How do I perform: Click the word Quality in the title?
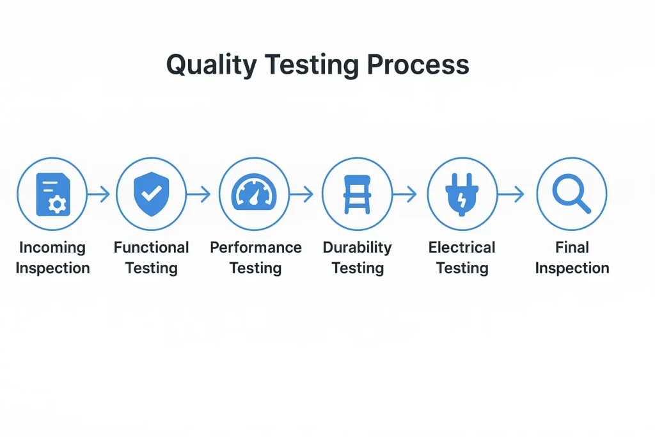pos(211,65)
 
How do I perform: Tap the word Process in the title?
pos(418,65)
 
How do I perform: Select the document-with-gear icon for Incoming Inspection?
pos(53,195)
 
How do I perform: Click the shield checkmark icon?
pos(152,194)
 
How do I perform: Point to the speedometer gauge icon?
pos(254,192)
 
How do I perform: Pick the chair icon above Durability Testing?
pos(357,195)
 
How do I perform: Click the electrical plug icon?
pos(462,195)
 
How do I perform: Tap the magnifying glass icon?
pos(571,194)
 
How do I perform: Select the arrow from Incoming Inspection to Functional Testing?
pos(99,194)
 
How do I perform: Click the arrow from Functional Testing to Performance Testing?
pos(198,194)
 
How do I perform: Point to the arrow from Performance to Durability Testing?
pos(301,194)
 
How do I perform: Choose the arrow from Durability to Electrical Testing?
pos(405,194)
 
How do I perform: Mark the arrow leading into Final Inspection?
pos(511,194)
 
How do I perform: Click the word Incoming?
pos(52,248)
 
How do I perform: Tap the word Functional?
pos(151,248)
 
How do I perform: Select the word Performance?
pos(256,248)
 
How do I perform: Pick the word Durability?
pos(357,248)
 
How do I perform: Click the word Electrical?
pos(462,248)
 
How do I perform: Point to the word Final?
pos(572,248)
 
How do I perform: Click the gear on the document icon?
pos(57,204)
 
